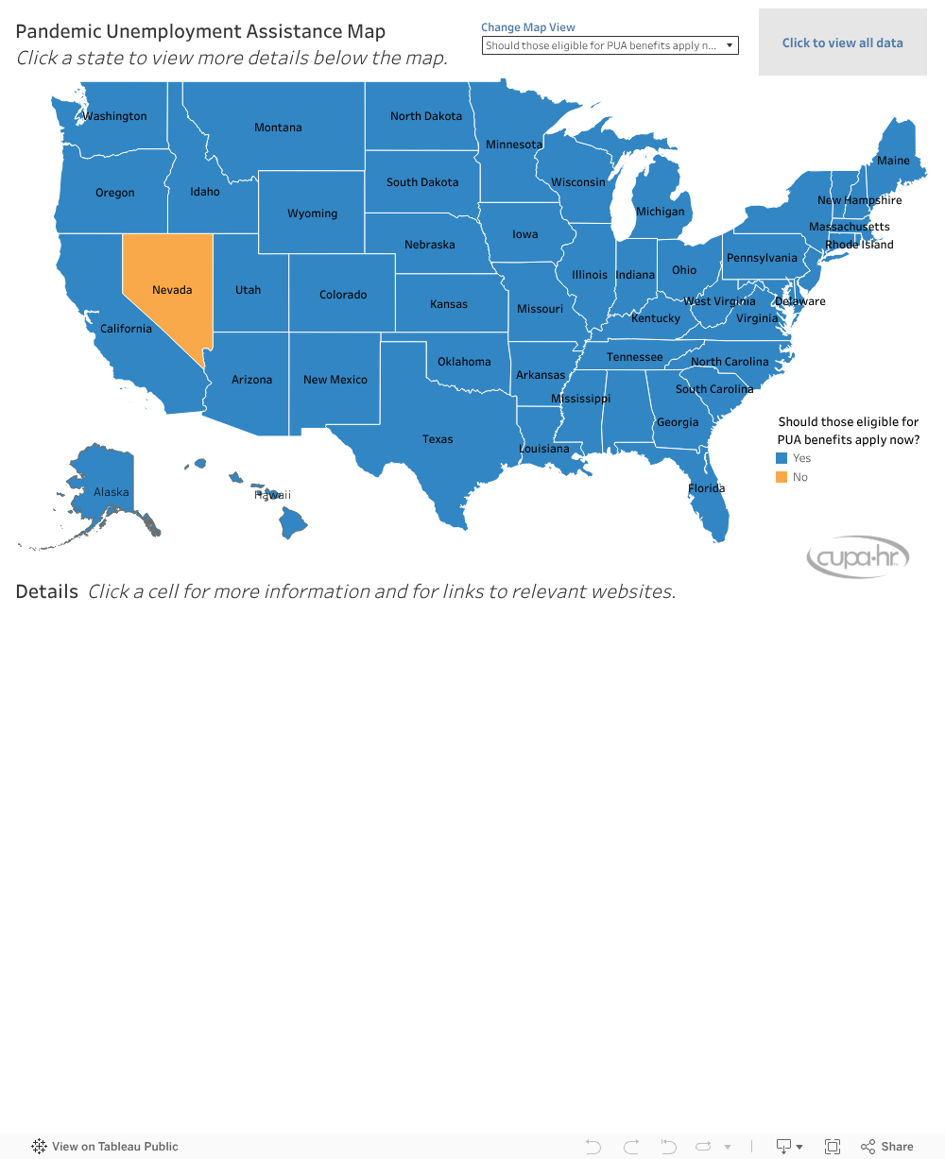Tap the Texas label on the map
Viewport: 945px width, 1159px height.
tap(438, 439)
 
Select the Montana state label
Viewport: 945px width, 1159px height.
tap(278, 128)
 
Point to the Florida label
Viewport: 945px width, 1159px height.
tap(706, 488)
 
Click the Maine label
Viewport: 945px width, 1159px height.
tap(893, 161)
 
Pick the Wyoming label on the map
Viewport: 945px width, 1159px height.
tap(312, 213)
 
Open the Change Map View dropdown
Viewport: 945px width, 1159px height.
tap(610, 45)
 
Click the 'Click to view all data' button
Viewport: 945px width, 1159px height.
tap(842, 43)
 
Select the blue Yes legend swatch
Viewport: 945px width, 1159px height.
tap(782, 458)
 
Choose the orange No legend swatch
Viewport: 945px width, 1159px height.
tap(782, 477)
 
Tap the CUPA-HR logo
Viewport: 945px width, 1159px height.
tap(857, 558)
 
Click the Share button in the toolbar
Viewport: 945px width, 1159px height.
tap(886, 1147)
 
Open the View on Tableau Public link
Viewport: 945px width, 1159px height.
tap(105, 1147)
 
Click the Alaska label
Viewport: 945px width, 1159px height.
tap(112, 492)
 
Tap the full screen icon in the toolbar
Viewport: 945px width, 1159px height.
tap(833, 1147)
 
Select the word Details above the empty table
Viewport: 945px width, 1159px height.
tap(47, 592)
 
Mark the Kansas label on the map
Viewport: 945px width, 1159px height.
tap(449, 304)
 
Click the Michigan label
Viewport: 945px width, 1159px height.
tap(660, 212)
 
